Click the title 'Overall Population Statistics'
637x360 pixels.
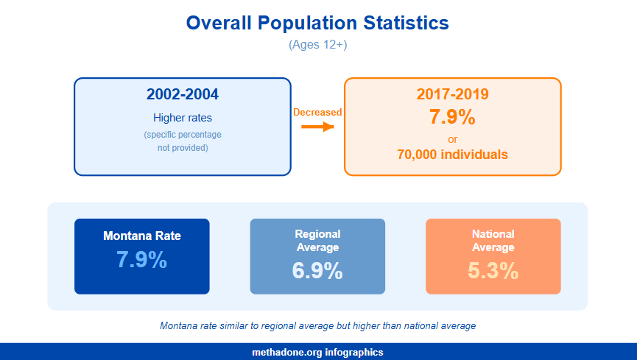pyautogui.click(x=317, y=23)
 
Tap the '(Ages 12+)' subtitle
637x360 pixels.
pyautogui.click(x=317, y=45)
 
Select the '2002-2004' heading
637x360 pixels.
pyautogui.click(x=183, y=94)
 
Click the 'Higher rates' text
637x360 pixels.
pyautogui.click(x=183, y=118)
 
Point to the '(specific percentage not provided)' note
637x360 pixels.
pyautogui.click(x=183, y=141)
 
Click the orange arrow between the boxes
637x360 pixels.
pyautogui.click(x=317, y=127)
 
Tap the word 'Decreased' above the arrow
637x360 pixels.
pyautogui.click(x=317, y=112)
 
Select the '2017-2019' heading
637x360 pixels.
pyautogui.click(x=452, y=94)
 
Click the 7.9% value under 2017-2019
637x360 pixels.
pyautogui.click(x=452, y=117)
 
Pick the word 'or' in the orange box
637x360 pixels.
pyautogui.click(x=452, y=139)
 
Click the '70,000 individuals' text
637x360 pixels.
pyautogui.click(x=452, y=155)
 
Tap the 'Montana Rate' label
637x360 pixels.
pyautogui.click(x=142, y=236)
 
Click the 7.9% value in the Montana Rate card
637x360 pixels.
pyautogui.click(x=142, y=260)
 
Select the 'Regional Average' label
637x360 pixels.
pyautogui.click(x=317, y=241)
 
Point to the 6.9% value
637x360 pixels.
pyautogui.click(x=317, y=270)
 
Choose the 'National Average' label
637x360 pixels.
pyautogui.click(x=493, y=241)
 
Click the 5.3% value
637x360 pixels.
pyautogui.click(x=493, y=270)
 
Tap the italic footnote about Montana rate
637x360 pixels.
pyautogui.click(x=317, y=325)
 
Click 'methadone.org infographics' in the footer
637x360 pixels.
pyautogui.click(x=317, y=353)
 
